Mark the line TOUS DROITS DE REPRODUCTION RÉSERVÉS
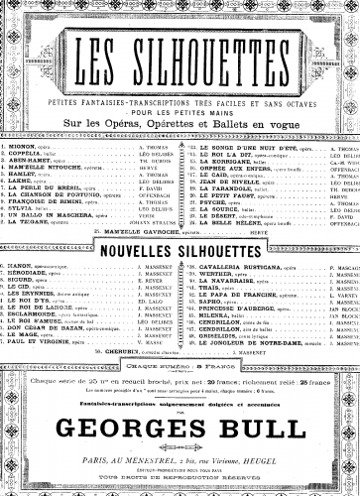180,479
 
